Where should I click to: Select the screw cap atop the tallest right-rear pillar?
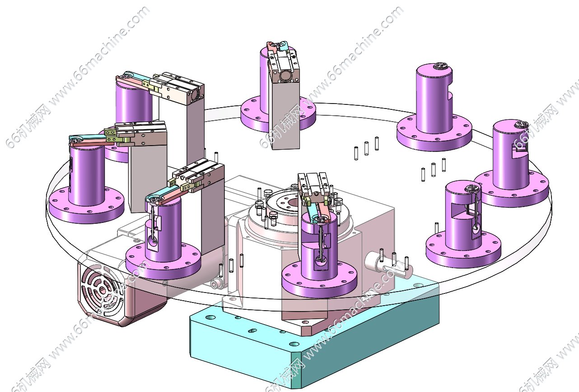coord(439,66)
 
